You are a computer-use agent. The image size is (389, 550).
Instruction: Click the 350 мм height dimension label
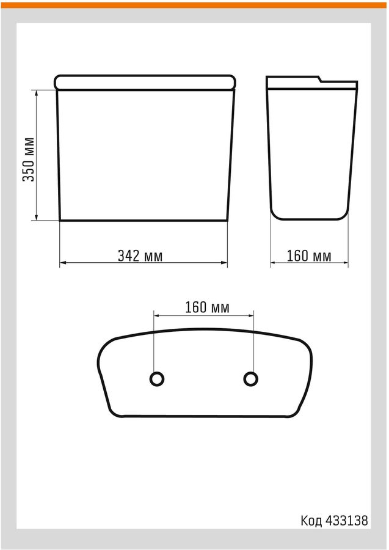[29, 159]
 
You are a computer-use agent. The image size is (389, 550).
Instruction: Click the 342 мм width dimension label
[140, 255]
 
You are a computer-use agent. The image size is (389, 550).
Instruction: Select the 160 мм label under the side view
[309, 255]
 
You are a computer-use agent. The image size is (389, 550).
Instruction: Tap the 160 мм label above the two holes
[208, 307]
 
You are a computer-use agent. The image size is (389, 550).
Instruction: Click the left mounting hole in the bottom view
[157, 379]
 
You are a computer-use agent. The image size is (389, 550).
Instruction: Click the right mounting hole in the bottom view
[250, 379]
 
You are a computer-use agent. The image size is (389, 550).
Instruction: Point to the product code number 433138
[347, 521]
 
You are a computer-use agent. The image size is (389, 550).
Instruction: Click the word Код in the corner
[311, 521]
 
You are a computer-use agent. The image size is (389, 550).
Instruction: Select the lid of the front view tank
[145, 82]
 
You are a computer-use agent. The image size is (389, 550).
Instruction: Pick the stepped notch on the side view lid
[321, 79]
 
